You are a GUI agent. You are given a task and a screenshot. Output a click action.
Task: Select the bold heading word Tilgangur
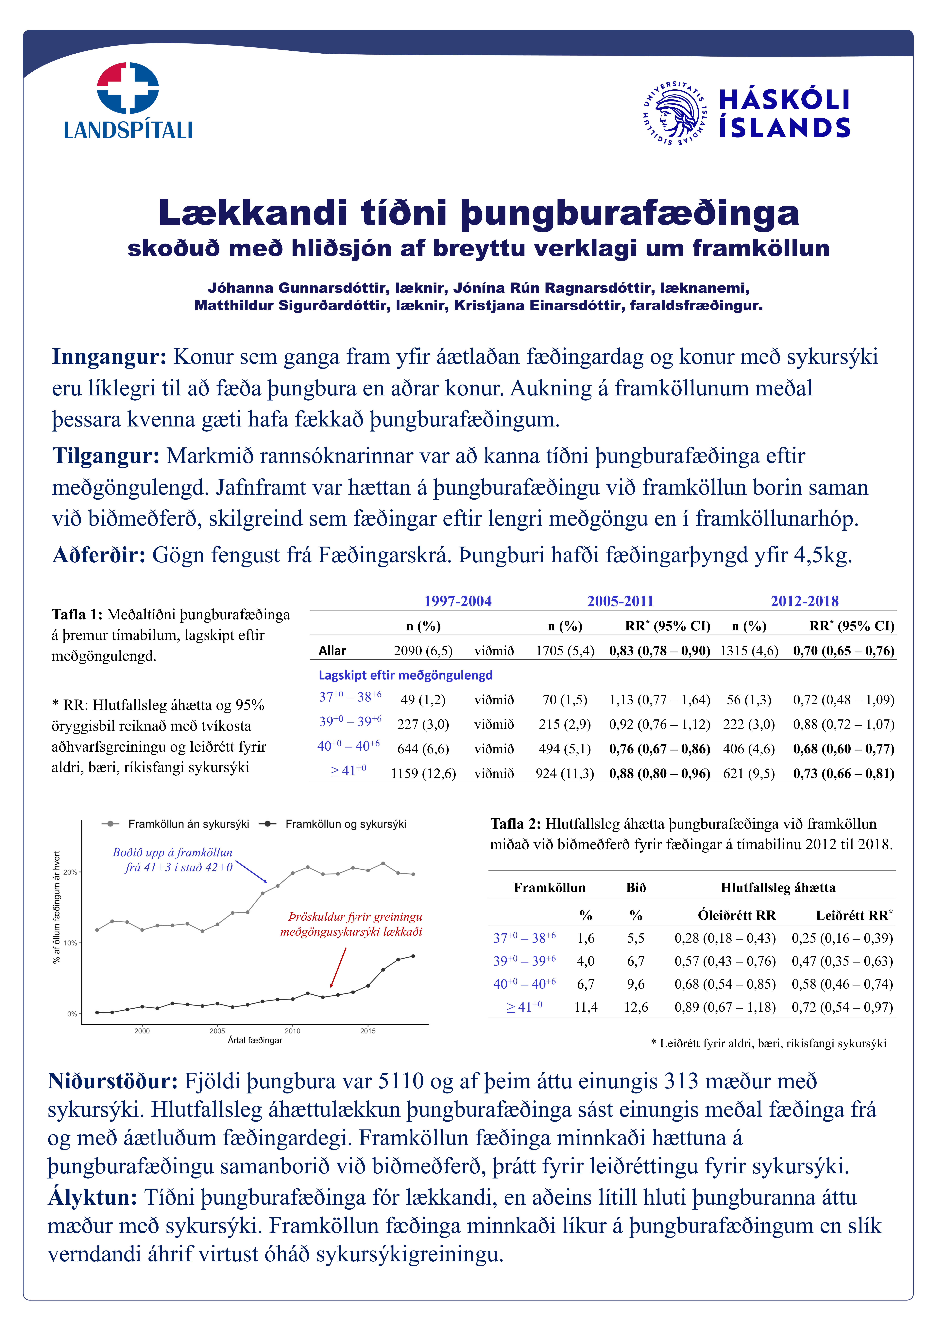(106, 456)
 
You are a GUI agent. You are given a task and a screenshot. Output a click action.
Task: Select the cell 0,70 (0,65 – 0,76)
(843, 651)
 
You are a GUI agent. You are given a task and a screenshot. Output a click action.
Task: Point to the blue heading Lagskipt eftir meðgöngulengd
(405, 675)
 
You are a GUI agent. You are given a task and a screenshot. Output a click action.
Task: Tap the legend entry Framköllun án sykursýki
(188, 824)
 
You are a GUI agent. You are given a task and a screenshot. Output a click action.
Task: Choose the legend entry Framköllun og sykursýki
(345, 824)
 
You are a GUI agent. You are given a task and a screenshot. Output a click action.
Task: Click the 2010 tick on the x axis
(293, 1031)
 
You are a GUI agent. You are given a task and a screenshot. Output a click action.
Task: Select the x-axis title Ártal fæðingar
(255, 1041)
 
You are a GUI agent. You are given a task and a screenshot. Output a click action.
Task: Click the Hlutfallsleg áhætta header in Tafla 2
(778, 888)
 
